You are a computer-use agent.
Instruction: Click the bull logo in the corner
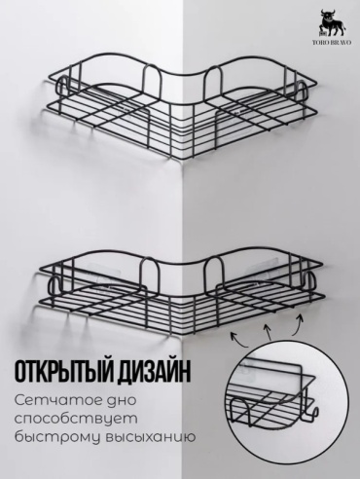click(x=332, y=23)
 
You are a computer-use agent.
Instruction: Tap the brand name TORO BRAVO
click(x=332, y=42)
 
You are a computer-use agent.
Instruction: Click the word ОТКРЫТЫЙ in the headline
click(x=60, y=373)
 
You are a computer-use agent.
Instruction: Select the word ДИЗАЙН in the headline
click(x=152, y=373)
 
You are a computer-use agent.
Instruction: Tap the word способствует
click(x=76, y=419)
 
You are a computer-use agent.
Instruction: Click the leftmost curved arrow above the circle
click(x=239, y=338)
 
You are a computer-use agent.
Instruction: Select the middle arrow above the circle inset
click(x=268, y=332)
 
